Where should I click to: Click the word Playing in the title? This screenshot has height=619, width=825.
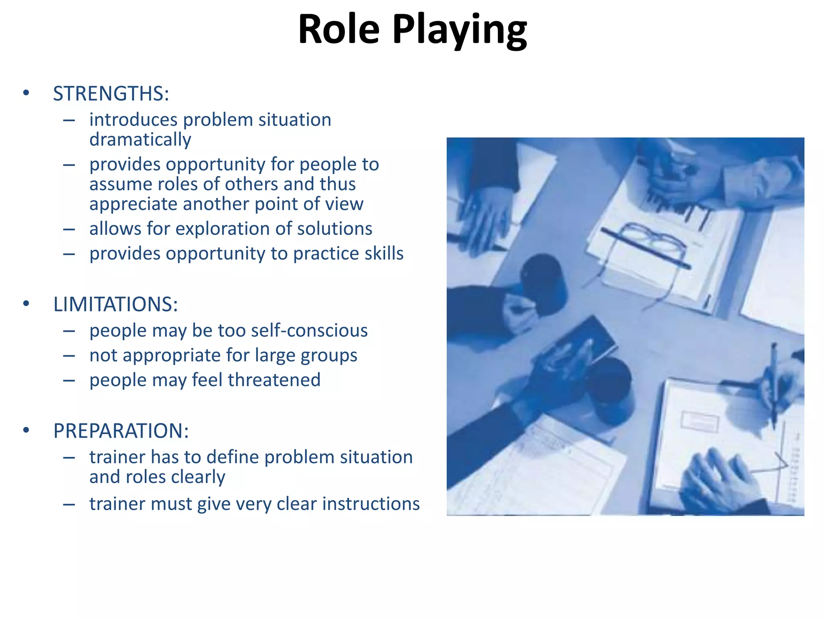(x=459, y=30)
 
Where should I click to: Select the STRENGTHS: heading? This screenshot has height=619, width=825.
(x=111, y=93)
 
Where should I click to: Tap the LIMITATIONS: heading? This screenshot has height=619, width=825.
(x=116, y=304)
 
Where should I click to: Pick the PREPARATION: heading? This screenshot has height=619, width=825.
(x=121, y=431)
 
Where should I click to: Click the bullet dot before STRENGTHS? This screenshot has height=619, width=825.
(x=26, y=93)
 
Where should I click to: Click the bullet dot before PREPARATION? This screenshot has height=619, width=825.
(x=26, y=430)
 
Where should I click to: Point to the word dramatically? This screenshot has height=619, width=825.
(x=140, y=140)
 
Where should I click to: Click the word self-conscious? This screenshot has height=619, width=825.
(x=309, y=330)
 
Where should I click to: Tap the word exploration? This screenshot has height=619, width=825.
(x=223, y=229)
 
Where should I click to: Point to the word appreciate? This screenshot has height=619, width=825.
(x=133, y=204)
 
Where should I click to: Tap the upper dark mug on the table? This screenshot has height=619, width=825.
(x=542, y=282)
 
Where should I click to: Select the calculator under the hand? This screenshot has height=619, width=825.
(x=580, y=343)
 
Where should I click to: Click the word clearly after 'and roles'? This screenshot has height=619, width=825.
(x=198, y=477)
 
